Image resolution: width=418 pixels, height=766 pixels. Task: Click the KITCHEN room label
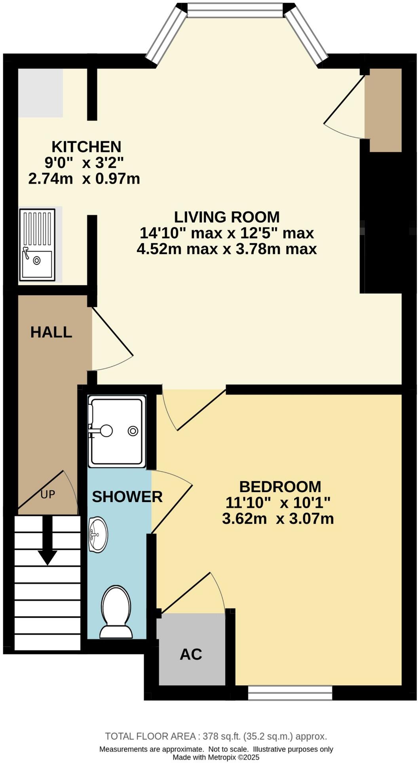pos(86,147)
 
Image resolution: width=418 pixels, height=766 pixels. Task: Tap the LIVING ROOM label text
pos(227,217)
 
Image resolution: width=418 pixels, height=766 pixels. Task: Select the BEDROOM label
pos(280,486)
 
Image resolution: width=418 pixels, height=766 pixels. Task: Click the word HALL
pos(51,332)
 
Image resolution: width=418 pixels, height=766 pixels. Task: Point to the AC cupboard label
pos(191,654)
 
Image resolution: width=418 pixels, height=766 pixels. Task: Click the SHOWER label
pos(127,497)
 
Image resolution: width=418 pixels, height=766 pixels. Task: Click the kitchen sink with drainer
pos(37,245)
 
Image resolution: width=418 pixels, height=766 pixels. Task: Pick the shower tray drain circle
pos(133,431)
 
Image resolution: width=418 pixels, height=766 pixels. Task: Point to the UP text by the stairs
pos(47,494)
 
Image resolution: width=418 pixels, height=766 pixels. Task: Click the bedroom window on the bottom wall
pos(290,693)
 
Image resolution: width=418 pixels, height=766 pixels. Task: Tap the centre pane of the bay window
pos(235,10)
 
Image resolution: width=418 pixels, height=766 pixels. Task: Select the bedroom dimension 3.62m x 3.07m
pos(278,518)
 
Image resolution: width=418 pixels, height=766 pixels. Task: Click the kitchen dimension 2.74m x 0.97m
pos(84,179)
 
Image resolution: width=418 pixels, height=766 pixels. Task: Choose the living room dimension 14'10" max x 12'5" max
pos(226,233)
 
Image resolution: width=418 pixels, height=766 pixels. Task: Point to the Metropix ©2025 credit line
pos(216,757)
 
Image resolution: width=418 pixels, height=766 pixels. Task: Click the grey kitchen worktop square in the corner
pos(40,93)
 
